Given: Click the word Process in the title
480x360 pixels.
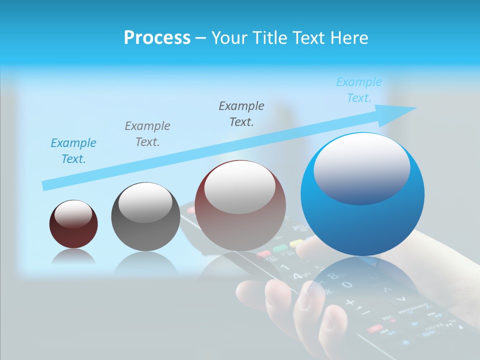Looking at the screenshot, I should click(x=157, y=38).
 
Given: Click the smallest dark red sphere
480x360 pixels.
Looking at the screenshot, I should click(x=73, y=224).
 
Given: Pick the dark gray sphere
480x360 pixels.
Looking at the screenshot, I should click(x=145, y=217).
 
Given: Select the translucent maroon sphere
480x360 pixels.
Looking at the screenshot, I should click(x=240, y=205).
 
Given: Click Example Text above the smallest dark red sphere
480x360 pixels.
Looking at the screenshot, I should click(x=73, y=151).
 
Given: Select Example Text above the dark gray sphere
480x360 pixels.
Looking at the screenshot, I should click(x=147, y=134).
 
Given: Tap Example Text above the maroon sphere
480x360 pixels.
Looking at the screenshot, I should click(x=241, y=113).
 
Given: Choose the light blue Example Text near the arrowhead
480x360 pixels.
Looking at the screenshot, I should click(x=359, y=90).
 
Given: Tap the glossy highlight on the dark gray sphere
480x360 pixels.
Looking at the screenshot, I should click(x=145, y=202).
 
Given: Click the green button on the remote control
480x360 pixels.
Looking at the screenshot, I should click(x=279, y=248).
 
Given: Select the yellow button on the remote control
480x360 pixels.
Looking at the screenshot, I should click(x=296, y=243).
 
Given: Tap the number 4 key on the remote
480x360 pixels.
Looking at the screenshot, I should click(x=297, y=275).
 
